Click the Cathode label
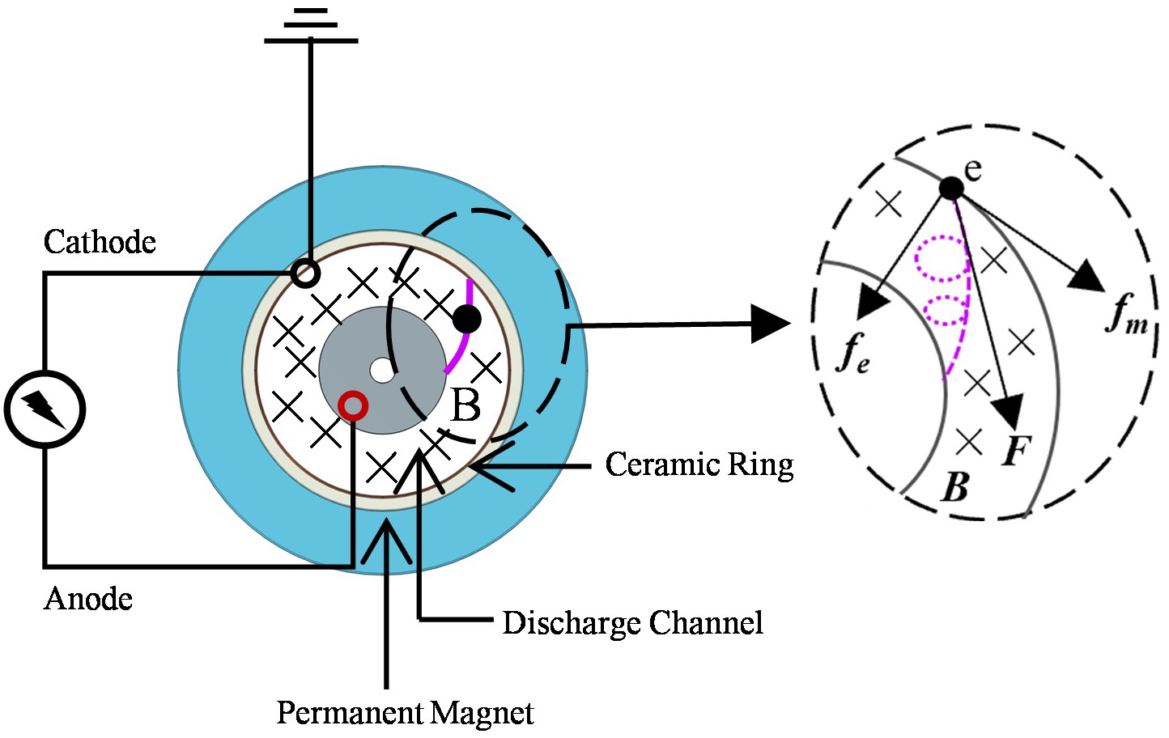[100, 242]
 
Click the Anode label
[88, 599]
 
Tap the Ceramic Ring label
[699, 464]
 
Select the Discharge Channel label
[632, 623]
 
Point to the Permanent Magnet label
[405, 713]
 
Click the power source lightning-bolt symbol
[45, 409]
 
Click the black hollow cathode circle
[305, 273]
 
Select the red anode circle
[353, 405]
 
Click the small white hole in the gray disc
[381, 371]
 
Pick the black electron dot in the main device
[467, 319]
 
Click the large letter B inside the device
[465, 405]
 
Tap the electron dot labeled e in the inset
[951, 189]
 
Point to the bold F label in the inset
[1017, 450]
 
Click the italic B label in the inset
[955, 486]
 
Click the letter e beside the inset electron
[973, 169]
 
